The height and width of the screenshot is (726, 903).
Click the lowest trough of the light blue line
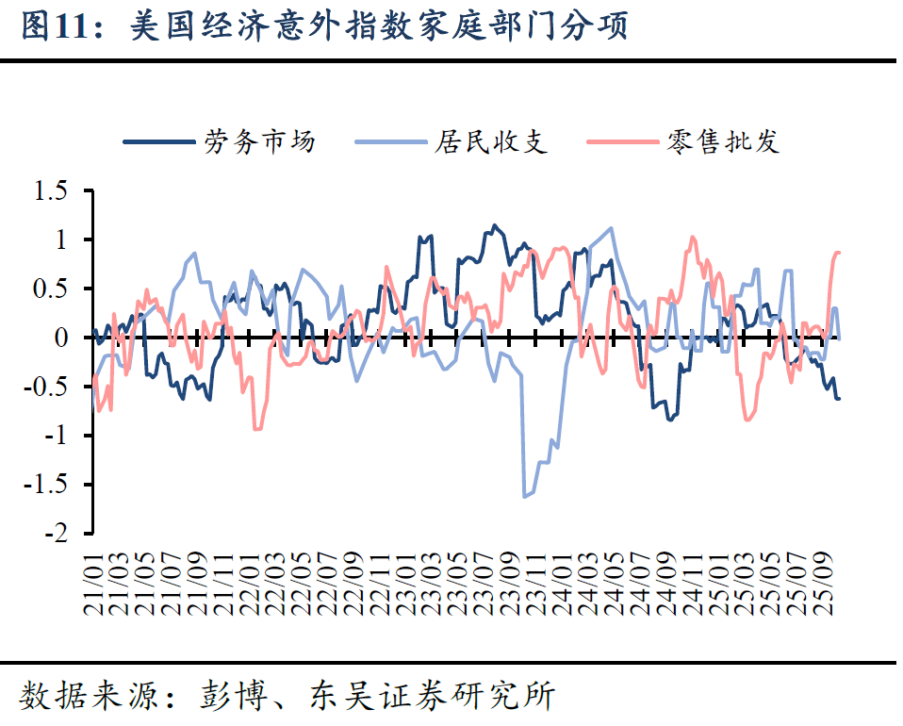pyautogui.click(x=524, y=496)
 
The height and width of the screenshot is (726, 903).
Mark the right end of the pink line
pyautogui.click(x=839, y=253)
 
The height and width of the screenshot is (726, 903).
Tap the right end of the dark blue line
pyautogui.click(x=839, y=398)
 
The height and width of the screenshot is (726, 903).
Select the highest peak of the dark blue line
pyautogui.click(x=494, y=225)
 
